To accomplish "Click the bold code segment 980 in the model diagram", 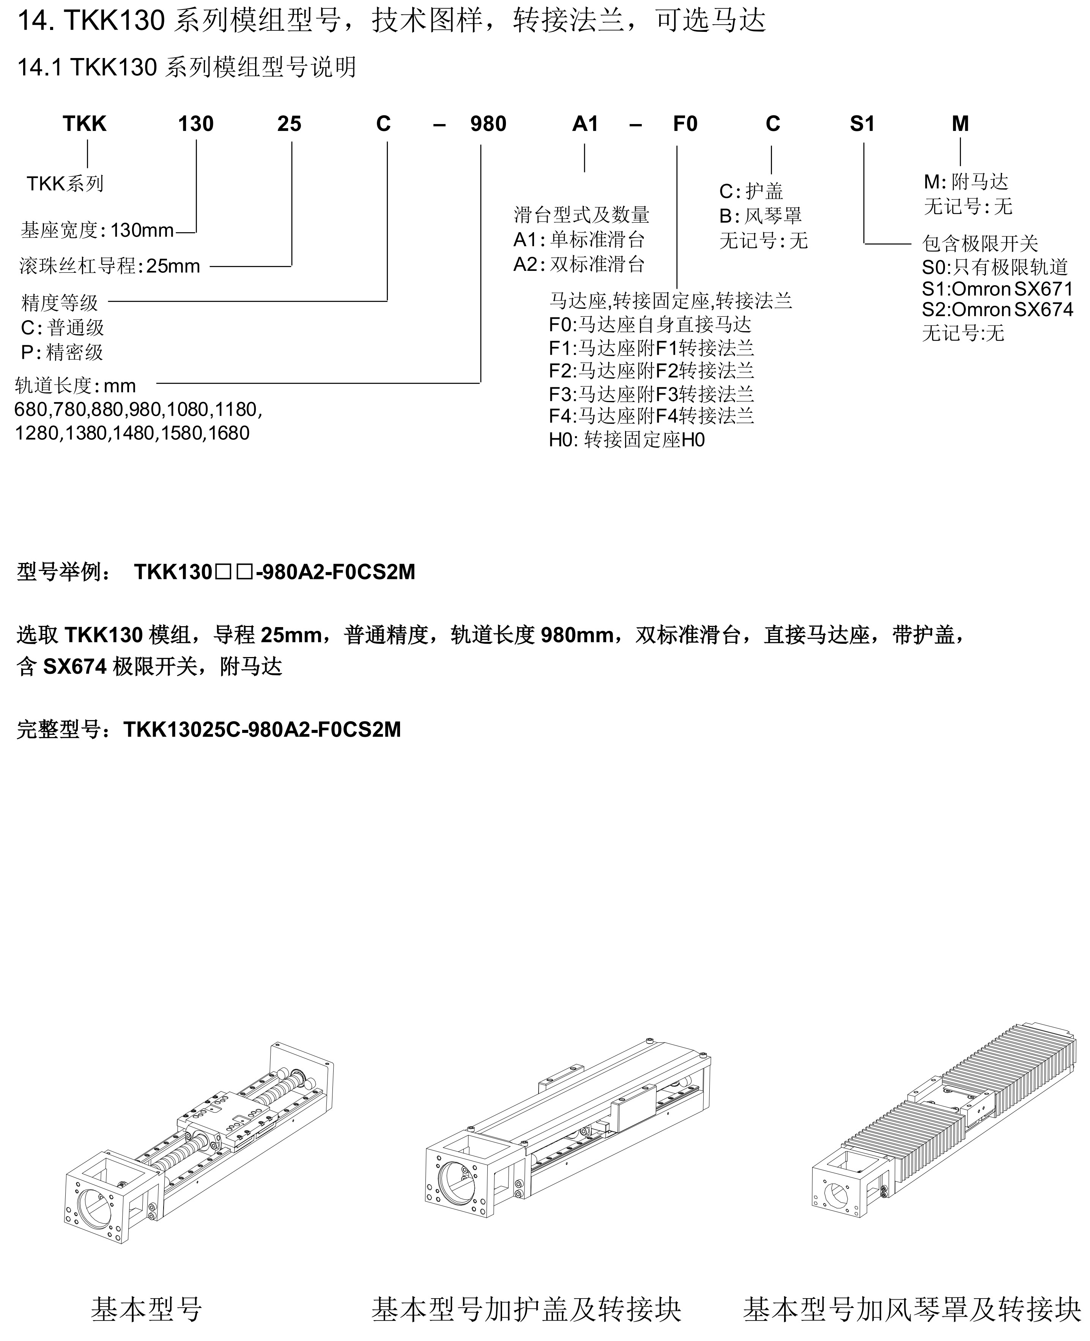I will tap(488, 124).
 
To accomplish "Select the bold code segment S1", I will tap(862, 124).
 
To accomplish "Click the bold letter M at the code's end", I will tap(960, 124).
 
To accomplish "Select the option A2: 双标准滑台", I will tap(579, 264).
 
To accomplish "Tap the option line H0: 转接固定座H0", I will tap(627, 440).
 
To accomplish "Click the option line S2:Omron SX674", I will tap(997, 310).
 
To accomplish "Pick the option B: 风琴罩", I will tap(760, 216).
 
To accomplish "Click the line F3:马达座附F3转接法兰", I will tap(651, 394).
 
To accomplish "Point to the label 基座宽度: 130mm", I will tap(97, 230).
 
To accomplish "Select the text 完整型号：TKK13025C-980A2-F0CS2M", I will tap(208, 729).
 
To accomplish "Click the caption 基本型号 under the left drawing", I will tap(146, 1309).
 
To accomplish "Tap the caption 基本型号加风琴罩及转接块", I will tap(912, 1309).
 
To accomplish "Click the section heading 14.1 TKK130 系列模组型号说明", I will tap(186, 66).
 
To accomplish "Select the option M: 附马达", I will tap(966, 182).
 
